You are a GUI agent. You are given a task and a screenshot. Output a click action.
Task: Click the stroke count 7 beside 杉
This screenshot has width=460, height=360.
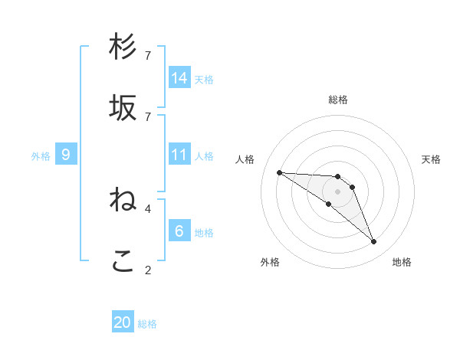[x=148, y=56]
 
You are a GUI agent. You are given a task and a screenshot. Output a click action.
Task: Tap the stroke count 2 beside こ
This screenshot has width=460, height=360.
[x=148, y=270]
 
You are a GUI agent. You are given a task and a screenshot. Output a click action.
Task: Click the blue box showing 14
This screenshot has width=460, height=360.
[x=179, y=78]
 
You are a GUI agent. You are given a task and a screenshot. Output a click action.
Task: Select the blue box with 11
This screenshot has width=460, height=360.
[x=179, y=155]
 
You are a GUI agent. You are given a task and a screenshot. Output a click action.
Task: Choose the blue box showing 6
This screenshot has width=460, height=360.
[x=179, y=231]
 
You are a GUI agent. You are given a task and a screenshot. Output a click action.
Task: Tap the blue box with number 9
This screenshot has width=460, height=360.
[x=66, y=155]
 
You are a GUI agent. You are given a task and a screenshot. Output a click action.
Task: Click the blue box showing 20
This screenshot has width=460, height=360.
[x=123, y=322]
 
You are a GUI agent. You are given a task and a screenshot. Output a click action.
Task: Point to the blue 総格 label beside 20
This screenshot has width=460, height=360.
[x=147, y=324]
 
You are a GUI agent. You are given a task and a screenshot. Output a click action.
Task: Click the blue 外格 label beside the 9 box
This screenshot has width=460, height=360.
[x=41, y=156]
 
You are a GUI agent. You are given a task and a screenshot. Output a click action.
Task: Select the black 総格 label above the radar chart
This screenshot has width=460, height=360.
[x=338, y=100]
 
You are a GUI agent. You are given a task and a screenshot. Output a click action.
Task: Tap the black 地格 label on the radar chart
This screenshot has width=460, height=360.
[x=402, y=262]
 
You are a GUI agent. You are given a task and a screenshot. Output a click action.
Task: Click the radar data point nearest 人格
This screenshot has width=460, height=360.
[x=279, y=172]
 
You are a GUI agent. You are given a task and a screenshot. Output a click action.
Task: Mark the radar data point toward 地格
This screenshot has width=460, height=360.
[x=374, y=242]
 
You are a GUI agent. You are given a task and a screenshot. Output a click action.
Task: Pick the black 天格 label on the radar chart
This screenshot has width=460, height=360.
[x=432, y=159]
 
